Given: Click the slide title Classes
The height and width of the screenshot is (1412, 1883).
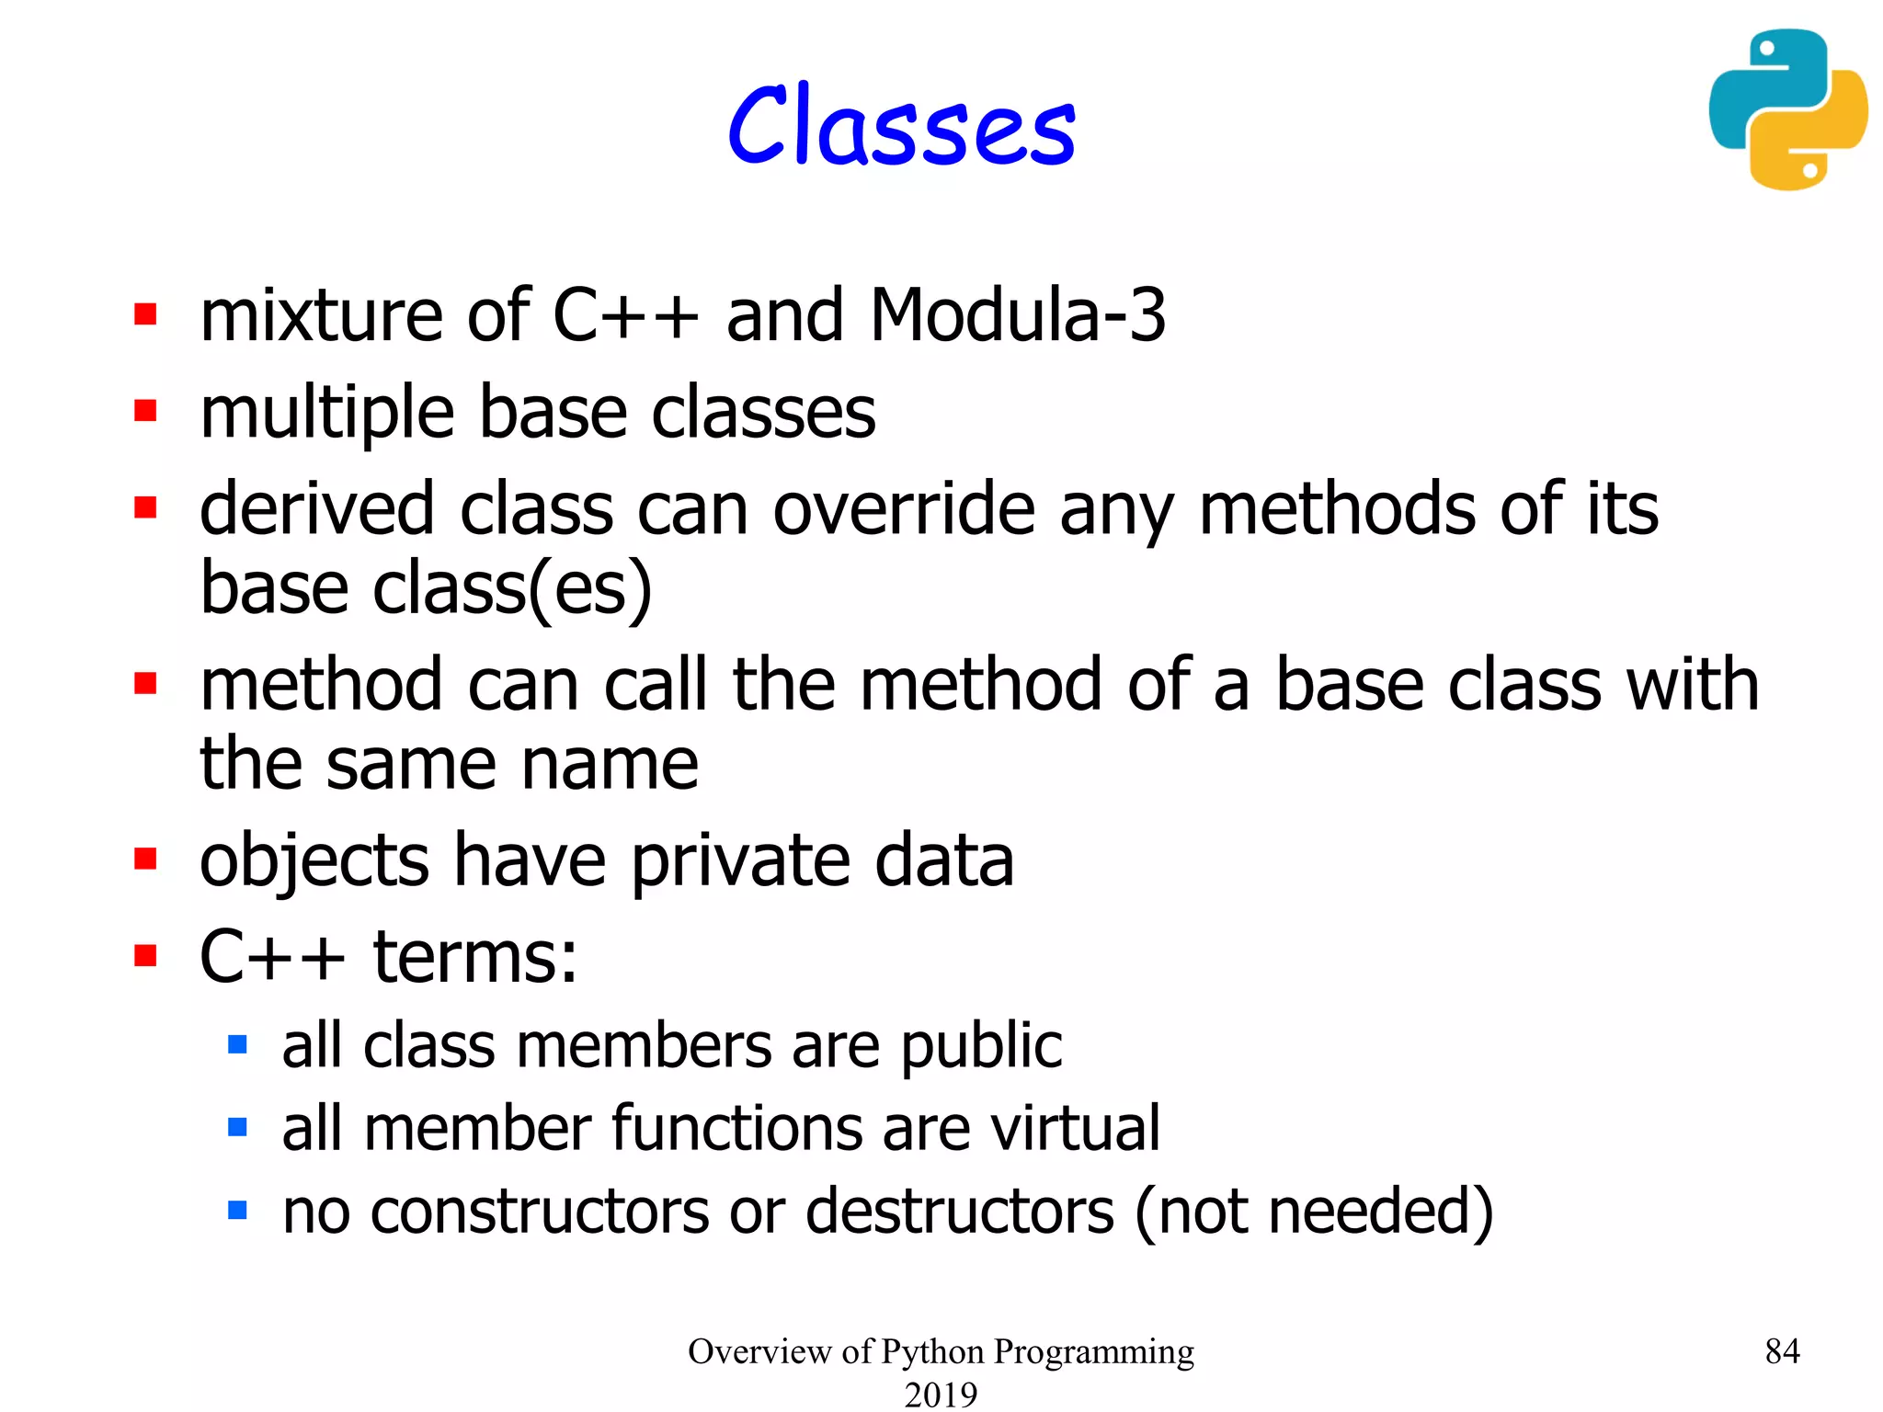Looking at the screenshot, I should coord(901,126).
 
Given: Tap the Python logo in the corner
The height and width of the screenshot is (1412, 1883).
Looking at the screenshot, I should coord(1787,109).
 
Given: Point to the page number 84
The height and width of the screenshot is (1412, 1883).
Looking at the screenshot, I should coord(1782,1350).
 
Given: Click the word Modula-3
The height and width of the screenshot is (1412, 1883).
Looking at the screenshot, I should coord(1018,315).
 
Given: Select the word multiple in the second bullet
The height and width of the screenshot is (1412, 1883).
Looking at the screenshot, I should coord(326,413).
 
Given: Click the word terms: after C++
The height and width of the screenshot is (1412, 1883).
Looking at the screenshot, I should coord(475,957).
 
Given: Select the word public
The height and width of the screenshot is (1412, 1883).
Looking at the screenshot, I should coord(981,1046).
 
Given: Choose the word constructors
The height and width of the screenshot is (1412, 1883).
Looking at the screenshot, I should coord(540,1211).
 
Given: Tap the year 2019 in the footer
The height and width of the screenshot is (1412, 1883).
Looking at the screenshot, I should coord(941,1394).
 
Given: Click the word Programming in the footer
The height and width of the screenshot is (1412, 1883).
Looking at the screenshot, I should coord(1093,1351).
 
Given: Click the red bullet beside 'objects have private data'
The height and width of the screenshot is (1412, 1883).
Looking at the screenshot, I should coord(145,860).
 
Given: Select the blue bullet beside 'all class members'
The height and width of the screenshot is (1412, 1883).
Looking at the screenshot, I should coord(237,1044).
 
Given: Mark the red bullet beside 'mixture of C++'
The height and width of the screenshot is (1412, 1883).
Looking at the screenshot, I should coord(145,314).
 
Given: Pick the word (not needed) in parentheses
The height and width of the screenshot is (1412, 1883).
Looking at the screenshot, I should coord(1314,1211).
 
